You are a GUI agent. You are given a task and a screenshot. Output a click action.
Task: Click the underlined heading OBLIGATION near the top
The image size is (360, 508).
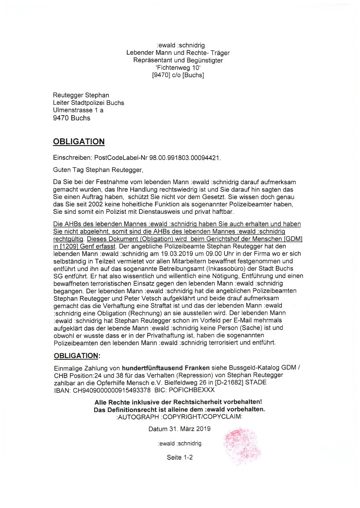coord(79,142)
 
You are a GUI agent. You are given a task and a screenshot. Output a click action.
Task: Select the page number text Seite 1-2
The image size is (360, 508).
coord(180,458)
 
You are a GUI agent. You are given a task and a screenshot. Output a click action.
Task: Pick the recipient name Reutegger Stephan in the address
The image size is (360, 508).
coord(81,95)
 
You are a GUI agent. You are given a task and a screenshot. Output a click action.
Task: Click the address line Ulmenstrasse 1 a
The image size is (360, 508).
coord(78,110)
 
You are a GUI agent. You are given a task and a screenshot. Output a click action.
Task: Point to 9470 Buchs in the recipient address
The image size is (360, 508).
coord(72,118)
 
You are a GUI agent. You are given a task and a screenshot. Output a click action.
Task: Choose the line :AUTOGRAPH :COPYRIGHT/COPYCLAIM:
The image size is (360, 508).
coord(180,416)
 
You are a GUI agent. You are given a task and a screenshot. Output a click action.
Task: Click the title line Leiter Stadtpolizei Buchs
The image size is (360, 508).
coord(88,103)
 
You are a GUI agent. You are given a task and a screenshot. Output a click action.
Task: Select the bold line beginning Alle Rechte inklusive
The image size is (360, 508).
coord(178,402)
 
